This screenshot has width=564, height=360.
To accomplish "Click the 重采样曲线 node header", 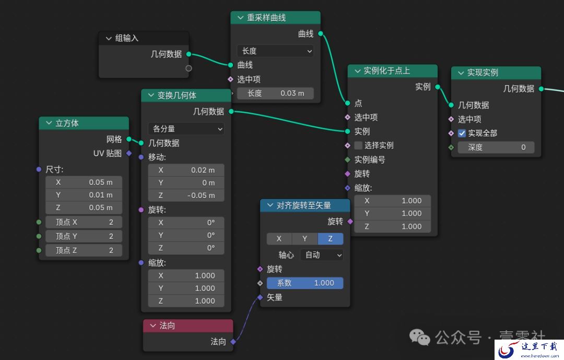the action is coord(275,18).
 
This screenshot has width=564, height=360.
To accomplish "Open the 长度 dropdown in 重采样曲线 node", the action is coord(275,51).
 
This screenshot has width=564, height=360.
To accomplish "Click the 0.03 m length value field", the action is coord(275,93).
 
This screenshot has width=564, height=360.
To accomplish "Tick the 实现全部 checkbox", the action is coord(462,133).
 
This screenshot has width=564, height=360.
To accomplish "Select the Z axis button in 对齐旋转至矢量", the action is coord(330,239).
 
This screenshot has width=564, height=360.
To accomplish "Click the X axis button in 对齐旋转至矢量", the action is coord(279,239).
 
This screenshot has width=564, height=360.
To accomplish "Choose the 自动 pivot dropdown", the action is coord(322,255).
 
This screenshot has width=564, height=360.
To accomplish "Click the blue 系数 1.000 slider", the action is coord(305,283).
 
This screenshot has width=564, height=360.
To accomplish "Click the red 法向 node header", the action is coord(188,326).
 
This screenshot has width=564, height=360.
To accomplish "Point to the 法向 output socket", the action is coord(233,342).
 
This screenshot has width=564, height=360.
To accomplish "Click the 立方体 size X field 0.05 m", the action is coord(84,182).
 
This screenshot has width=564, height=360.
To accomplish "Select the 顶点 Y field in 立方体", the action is coord(84,236).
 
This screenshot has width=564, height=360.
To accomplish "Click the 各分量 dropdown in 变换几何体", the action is coord(186,129).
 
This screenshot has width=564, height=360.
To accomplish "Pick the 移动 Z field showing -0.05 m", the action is coord(186,195).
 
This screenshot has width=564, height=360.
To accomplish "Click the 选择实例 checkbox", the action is coord(358,145).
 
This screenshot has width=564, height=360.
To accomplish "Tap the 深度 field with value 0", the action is coord(496,147).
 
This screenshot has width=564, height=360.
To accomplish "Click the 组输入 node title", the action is coord(126,38).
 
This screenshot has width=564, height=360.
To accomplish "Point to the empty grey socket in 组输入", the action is coord(189,68).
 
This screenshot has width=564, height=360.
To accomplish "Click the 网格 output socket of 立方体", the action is coord(129,140).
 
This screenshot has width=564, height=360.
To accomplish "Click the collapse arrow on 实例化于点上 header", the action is coord(358,71).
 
